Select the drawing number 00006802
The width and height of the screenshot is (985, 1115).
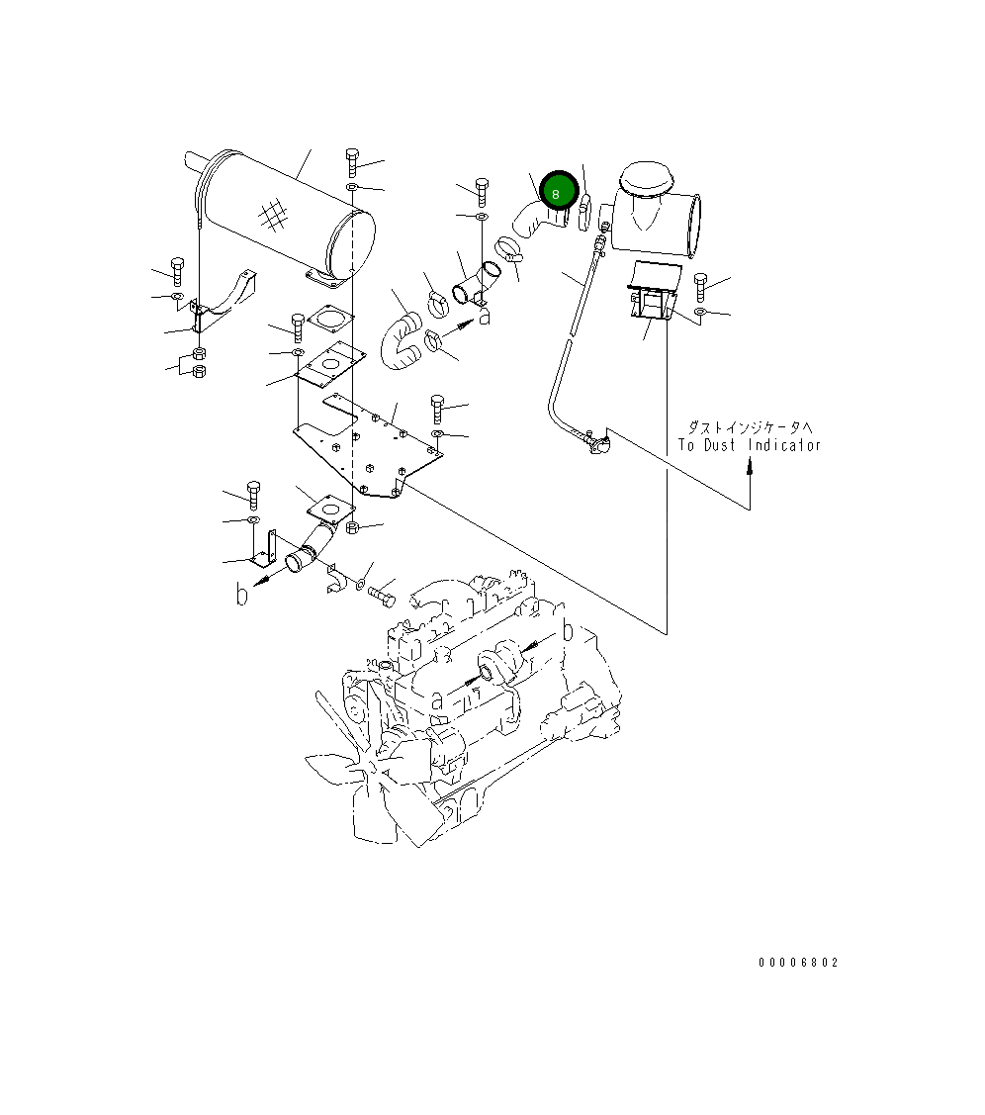point(798,963)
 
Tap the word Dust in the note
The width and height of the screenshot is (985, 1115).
point(721,445)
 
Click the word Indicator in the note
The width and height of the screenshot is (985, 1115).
point(784,445)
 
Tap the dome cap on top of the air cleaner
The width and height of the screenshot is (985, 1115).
point(644,180)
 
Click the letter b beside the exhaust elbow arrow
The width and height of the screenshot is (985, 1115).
point(241,594)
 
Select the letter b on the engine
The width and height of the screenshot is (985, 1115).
point(568,630)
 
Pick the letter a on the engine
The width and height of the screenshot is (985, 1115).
point(436,699)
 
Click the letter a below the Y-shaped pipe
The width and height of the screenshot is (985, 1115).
point(485,318)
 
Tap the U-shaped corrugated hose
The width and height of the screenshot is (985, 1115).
point(402,340)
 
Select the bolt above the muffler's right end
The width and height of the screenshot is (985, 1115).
point(352,160)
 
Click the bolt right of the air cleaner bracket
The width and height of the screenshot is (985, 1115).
point(700,287)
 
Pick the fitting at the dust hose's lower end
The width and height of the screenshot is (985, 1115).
point(596,444)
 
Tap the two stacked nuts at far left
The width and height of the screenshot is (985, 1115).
point(198,363)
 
